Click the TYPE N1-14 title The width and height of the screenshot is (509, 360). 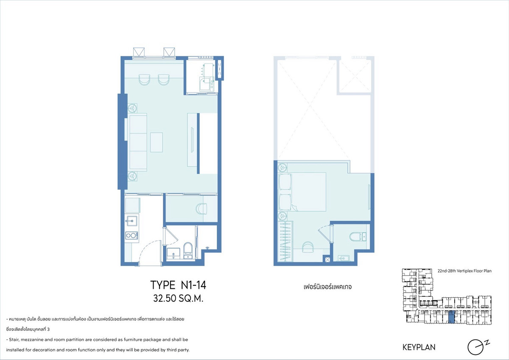(x=178, y=285)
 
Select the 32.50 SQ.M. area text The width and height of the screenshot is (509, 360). (x=178, y=299)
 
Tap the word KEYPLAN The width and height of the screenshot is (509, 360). (x=419, y=347)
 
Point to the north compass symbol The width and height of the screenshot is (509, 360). (x=478, y=348)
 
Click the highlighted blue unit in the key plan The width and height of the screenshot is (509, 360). (x=452, y=317)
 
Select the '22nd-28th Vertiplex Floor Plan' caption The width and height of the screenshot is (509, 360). (x=464, y=271)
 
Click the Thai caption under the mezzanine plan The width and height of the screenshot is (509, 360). (x=327, y=287)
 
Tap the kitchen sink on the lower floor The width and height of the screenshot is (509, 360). (x=132, y=220)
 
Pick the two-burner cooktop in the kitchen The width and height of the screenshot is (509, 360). (x=131, y=235)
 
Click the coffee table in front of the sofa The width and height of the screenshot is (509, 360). (x=157, y=142)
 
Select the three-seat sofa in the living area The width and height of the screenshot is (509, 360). (x=138, y=142)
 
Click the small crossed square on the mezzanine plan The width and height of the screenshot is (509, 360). (x=327, y=260)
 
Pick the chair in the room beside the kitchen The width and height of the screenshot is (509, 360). (x=201, y=208)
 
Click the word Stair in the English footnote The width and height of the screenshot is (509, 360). (x=14, y=340)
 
